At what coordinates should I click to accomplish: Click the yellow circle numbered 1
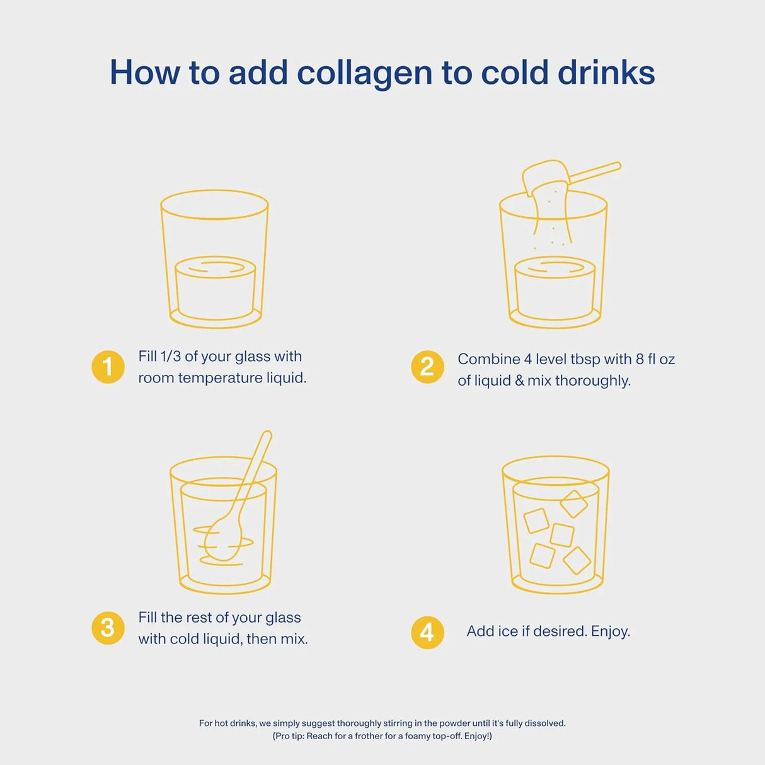click(108, 367)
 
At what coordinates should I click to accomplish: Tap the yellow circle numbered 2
click(427, 367)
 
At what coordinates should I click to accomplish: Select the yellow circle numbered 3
click(108, 628)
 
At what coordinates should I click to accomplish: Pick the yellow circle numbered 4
click(427, 632)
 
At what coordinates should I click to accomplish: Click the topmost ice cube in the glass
click(573, 503)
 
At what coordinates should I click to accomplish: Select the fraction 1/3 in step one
click(170, 357)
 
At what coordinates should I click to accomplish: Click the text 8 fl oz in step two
click(655, 359)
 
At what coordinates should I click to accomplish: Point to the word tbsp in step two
click(585, 359)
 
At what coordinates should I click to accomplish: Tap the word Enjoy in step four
click(610, 631)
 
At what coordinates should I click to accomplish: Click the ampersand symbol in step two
click(519, 381)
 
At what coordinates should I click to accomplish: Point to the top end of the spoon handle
click(267, 435)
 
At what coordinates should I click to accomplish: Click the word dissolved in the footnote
click(545, 723)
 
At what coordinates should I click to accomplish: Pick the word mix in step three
click(293, 639)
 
